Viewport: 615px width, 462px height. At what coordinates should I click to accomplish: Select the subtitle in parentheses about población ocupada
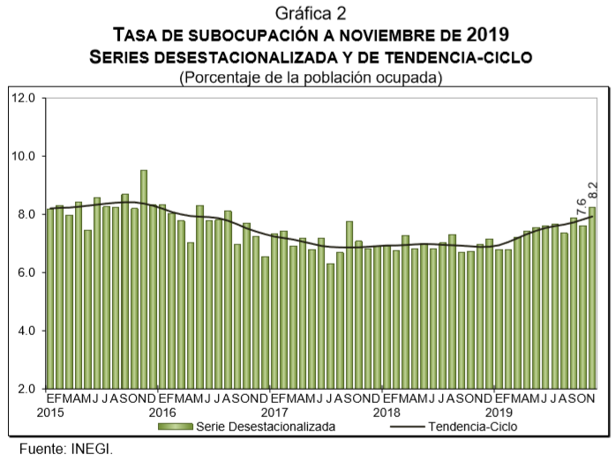310,78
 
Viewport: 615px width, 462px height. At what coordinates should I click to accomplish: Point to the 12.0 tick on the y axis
23,98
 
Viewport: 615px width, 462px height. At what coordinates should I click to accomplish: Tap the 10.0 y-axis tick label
23,156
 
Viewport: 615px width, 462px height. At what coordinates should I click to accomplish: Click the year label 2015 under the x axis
52,412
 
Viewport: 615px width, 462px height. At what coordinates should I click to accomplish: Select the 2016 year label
163,412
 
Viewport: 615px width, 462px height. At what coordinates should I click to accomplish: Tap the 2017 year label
275,412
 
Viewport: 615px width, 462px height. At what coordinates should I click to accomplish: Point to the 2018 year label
386,412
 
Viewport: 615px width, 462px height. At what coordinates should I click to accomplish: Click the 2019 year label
499,412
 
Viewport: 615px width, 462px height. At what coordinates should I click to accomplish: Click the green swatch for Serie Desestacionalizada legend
176,427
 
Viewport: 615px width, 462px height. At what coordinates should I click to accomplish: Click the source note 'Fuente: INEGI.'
66,447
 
